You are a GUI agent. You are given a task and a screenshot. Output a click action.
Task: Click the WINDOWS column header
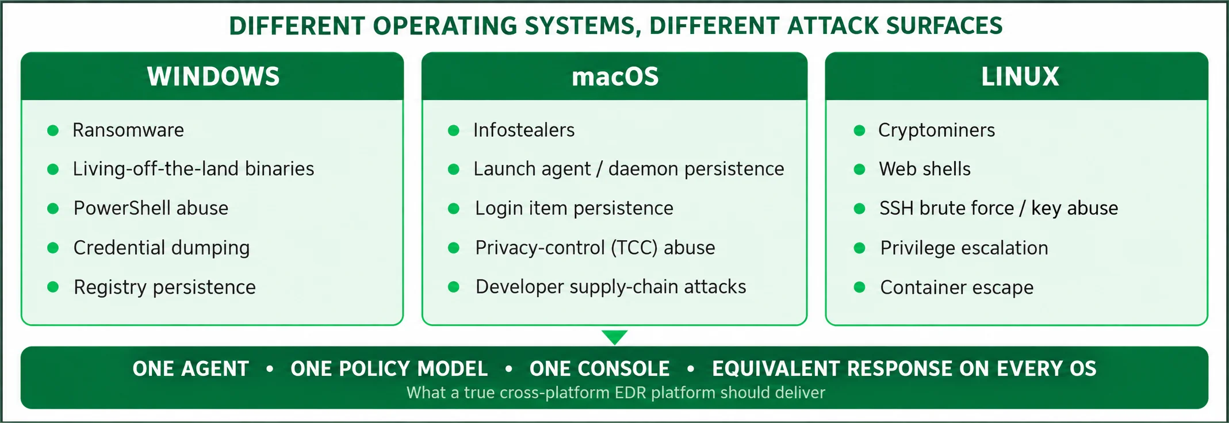point(213,76)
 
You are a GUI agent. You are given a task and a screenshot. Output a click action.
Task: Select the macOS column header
point(615,76)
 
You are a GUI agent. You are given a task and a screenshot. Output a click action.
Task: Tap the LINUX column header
point(1020,76)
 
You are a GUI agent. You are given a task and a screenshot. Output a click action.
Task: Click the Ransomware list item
point(128,130)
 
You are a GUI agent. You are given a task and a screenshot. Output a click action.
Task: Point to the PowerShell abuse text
point(151,208)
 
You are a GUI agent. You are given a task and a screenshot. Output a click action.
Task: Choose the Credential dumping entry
point(162,248)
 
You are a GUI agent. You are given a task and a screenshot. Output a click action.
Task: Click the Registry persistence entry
point(164,287)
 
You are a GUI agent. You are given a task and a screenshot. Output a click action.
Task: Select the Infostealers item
point(524,130)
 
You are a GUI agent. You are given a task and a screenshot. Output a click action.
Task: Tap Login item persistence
point(574,208)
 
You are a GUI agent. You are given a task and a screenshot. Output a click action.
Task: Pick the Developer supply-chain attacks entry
point(611,287)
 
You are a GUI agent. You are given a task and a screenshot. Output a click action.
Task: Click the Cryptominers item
point(936,131)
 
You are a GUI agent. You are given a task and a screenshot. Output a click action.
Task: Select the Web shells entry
point(925,169)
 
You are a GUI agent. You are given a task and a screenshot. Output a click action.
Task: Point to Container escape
point(957,287)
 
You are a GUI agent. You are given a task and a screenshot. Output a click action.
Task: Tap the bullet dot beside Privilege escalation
point(860,248)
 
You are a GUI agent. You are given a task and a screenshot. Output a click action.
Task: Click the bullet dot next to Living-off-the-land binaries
point(53,169)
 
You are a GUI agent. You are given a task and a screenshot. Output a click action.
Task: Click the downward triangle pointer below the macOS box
point(614,337)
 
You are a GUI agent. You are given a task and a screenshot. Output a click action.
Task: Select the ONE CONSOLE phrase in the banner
point(599,368)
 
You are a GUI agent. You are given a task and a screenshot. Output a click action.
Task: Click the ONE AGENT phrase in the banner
point(190,368)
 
